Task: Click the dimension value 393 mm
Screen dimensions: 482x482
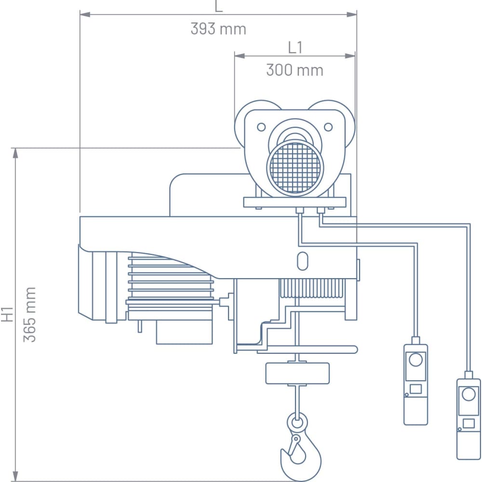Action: [x=218, y=29]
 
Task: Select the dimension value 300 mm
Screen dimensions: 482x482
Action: [x=295, y=70]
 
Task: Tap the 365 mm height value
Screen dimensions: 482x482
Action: [x=30, y=314]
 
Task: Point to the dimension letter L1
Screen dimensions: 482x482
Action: [x=295, y=47]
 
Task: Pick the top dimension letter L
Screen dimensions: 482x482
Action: [x=218, y=6]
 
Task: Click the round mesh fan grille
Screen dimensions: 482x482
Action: [x=295, y=167]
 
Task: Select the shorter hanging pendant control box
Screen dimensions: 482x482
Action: [x=415, y=384]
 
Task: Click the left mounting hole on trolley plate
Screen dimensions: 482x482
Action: [x=261, y=127]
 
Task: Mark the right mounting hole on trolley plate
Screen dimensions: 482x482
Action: [x=328, y=127]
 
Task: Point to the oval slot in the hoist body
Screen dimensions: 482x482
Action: [x=303, y=261]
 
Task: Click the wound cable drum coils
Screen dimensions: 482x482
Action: [x=312, y=289]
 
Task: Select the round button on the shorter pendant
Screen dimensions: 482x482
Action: [x=415, y=360]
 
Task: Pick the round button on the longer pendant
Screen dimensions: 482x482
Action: [x=469, y=394]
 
